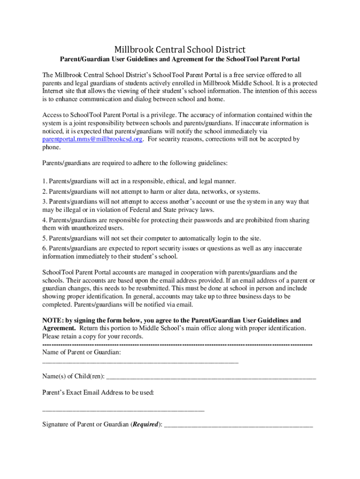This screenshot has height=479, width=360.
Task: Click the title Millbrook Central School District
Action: pyautogui.click(x=180, y=50)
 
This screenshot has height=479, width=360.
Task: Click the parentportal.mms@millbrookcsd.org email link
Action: pyautogui.click(x=92, y=139)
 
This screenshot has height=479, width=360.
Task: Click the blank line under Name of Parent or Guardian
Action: pyautogui.click(x=140, y=362)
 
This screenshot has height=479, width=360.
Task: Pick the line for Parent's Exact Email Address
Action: pyautogui.click(x=123, y=410)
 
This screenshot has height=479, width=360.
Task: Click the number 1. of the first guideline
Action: pyautogui.click(x=45, y=181)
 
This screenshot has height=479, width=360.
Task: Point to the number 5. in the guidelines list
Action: pyautogui.click(x=45, y=239)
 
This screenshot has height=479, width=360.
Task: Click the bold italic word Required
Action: pyautogui.click(x=145, y=425)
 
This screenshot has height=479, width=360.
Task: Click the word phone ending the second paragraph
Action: pyautogui.click(x=51, y=147)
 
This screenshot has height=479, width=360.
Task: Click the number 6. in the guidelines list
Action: pyautogui.click(x=45, y=248)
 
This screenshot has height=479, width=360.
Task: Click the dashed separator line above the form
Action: pyautogui.click(x=177, y=344)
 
